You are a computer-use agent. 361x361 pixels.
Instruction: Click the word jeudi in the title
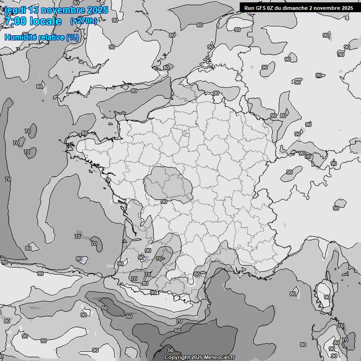15,10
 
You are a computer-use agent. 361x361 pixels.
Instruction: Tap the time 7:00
14,21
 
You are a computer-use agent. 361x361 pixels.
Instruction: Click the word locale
46,21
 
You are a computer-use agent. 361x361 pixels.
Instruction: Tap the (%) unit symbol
72,38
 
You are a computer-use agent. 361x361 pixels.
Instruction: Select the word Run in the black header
249,8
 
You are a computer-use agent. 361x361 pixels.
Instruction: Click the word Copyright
178,357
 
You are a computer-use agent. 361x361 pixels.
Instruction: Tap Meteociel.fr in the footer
219,357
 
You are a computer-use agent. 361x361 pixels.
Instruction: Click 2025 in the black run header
347,8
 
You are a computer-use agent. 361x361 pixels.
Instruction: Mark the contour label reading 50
170,350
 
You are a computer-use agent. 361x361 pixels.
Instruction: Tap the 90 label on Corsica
327,298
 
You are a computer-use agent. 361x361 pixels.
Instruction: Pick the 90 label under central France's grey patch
164,202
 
